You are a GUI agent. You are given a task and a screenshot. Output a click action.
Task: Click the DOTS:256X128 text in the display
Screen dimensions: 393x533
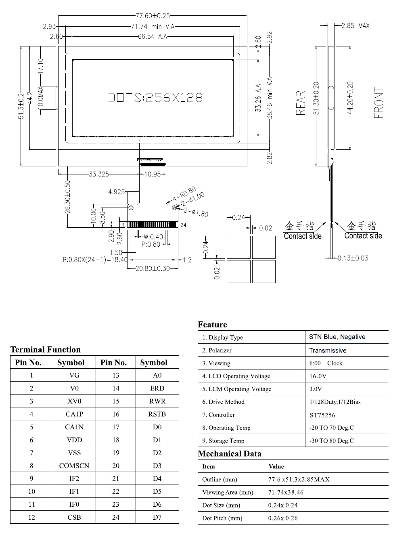[155, 98]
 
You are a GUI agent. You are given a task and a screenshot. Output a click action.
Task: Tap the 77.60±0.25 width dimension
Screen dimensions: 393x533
[153, 16]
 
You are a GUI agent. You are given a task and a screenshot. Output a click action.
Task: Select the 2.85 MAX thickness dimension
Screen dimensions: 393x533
[355, 25]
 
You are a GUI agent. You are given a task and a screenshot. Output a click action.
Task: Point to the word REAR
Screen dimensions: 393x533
[300, 103]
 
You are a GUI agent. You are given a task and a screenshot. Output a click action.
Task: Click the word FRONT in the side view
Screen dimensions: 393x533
[378, 103]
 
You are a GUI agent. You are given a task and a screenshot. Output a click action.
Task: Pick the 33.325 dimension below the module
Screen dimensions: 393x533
[99, 174]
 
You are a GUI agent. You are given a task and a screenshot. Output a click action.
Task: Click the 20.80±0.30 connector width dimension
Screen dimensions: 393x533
[153, 269]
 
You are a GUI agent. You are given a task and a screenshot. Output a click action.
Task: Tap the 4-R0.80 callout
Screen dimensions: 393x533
[184, 194]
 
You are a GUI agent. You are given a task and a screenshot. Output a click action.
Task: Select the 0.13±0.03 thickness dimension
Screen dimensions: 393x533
[353, 258]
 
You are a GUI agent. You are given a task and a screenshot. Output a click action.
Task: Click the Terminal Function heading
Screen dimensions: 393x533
[46, 349]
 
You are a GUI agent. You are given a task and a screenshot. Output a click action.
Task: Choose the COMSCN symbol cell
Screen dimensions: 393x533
[74, 466]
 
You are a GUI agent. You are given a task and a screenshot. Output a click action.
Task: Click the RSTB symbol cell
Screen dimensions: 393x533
[157, 414]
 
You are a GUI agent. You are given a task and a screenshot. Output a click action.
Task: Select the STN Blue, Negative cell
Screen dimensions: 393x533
[337, 337]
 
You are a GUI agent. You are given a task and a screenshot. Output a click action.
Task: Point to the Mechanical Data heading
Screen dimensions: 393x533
[230, 453]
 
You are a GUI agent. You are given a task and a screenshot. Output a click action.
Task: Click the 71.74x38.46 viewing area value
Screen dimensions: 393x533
[286, 492]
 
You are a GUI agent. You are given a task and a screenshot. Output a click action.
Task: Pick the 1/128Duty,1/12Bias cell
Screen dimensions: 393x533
[335, 402]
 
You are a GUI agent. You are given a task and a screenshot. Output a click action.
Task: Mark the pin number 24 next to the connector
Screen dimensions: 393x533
[183, 225]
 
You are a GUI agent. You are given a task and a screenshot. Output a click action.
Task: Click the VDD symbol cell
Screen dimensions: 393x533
[75, 440]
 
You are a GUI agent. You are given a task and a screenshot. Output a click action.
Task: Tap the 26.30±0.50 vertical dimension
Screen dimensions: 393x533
[68, 197]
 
